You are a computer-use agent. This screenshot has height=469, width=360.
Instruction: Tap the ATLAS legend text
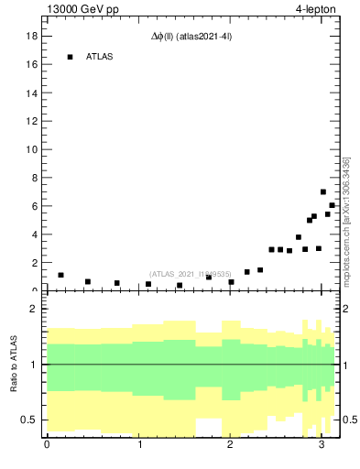point(100,57)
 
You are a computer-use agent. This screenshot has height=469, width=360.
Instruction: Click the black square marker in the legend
point(70,57)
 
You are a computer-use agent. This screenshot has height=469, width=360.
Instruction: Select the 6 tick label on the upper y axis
point(33,206)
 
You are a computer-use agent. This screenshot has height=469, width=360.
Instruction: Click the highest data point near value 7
point(323,192)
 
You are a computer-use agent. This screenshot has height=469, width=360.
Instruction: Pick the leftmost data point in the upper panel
point(60,275)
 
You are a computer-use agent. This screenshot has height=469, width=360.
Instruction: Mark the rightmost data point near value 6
point(332,205)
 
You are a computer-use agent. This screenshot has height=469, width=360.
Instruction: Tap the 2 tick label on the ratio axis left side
point(33,309)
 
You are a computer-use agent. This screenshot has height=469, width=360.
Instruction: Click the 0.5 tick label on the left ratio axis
point(28,420)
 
